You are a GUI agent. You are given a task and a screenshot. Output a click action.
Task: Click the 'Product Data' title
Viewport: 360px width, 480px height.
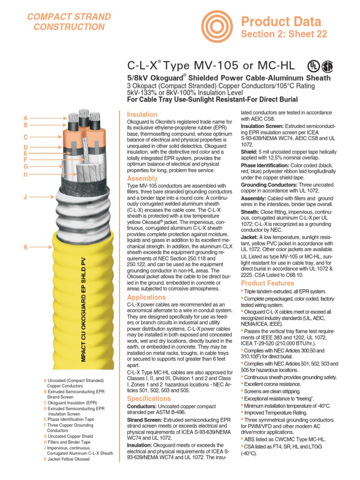click(x=281, y=21)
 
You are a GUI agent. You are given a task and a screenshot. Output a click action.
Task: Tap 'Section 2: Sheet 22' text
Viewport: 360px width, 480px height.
click(x=284, y=34)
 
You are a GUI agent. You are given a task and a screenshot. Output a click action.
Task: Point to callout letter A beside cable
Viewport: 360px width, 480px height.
click(x=26, y=118)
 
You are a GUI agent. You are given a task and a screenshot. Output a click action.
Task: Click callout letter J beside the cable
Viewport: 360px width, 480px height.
click(x=26, y=197)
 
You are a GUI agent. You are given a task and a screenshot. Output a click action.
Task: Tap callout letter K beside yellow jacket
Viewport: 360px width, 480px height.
click(x=26, y=247)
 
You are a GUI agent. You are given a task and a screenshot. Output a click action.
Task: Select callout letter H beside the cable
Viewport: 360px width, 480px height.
click(x=26, y=174)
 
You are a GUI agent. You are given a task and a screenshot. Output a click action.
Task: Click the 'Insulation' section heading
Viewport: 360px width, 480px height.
click(x=142, y=114)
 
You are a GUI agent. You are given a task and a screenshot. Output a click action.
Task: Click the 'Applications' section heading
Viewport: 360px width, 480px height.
click(x=146, y=297)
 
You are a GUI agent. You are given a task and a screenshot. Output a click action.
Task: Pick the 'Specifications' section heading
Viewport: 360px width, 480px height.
click(x=149, y=398)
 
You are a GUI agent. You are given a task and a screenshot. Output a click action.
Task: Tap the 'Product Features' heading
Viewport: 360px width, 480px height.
click(x=267, y=283)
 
